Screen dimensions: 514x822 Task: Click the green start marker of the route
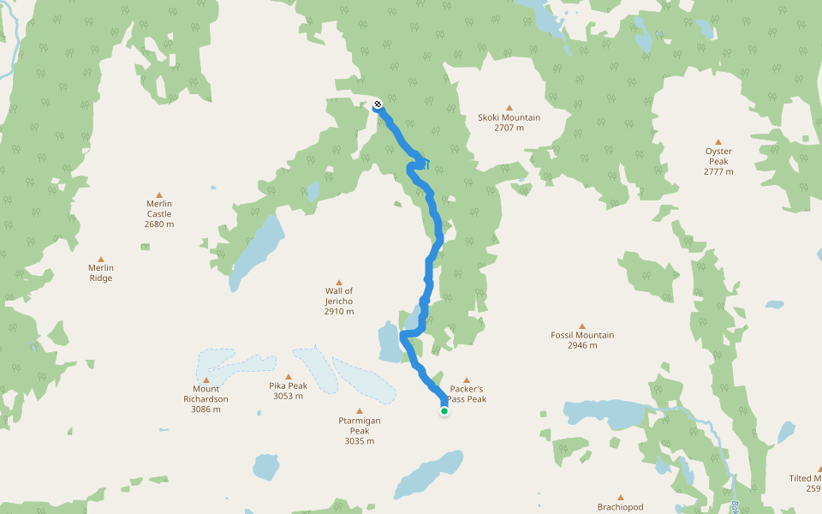point(444,411)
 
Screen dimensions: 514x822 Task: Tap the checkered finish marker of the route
point(378,105)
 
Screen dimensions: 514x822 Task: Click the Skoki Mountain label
point(509,117)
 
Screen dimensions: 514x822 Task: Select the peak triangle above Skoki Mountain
point(509,107)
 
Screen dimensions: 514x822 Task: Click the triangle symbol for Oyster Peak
point(718,141)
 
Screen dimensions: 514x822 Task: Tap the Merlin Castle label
point(159,208)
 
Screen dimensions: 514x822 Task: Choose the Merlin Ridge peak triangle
point(101,259)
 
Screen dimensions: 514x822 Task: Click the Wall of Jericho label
point(339,296)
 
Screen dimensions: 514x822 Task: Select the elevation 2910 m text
point(339,312)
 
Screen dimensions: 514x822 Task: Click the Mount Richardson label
point(205,394)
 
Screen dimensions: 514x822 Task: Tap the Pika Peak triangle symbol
point(289,376)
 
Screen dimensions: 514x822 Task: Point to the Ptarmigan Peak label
point(360,426)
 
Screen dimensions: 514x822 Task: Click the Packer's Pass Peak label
point(468,394)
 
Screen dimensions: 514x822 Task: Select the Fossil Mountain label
point(582,335)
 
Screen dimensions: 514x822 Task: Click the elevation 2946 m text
point(582,346)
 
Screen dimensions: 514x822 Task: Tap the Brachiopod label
point(622,507)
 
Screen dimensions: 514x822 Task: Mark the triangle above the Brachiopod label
point(622,497)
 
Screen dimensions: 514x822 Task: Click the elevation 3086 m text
point(205,409)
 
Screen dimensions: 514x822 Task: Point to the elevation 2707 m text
point(509,128)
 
